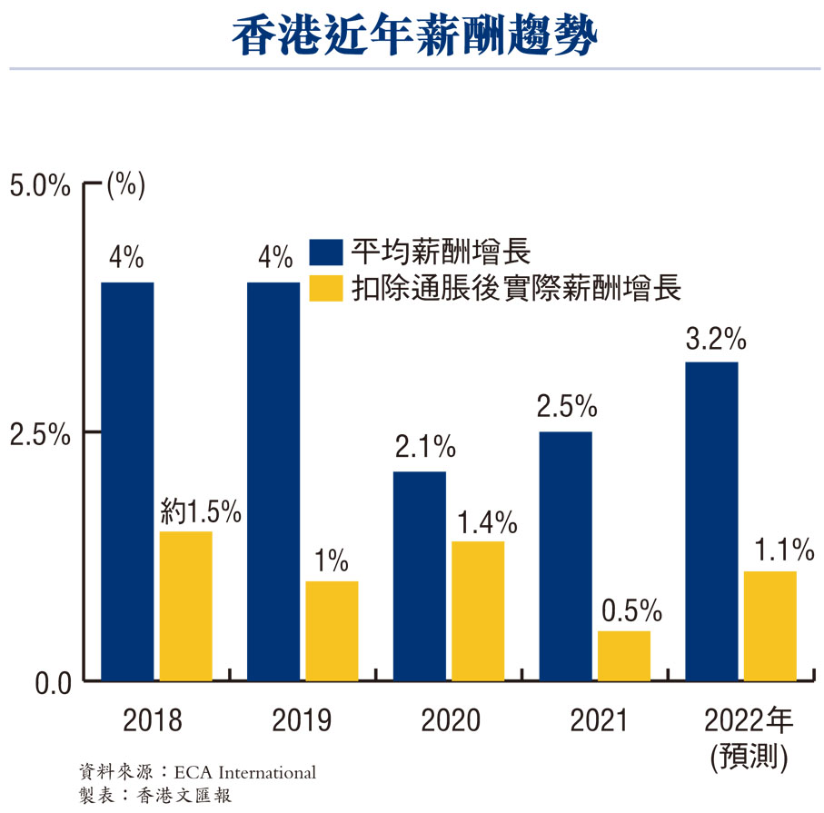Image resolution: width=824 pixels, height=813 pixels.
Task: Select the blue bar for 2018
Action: [127, 481]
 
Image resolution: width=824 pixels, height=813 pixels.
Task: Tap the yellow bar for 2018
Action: [185, 606]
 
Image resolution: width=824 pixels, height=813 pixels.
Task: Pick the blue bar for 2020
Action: [420, 576]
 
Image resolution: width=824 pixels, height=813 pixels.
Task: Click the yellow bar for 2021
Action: [623, 656]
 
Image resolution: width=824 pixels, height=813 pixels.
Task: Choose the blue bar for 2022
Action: [711, 521]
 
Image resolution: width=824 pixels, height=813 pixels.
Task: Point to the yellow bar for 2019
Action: [332, 631]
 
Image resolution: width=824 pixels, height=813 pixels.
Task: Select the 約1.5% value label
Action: [201, 512]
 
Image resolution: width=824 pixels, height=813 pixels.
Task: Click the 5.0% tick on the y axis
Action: [39, 185]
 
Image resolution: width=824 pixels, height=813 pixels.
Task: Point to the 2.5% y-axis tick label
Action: [39, 433]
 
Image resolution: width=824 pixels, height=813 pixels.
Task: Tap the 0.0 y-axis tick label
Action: [41, 682]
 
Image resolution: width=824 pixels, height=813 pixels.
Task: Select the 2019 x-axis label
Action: [302, 722]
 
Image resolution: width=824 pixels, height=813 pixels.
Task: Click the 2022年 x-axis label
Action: [749, 722]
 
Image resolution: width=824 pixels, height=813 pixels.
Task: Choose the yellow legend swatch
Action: [325, 288]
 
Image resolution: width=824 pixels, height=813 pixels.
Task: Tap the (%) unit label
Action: [125, 184]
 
